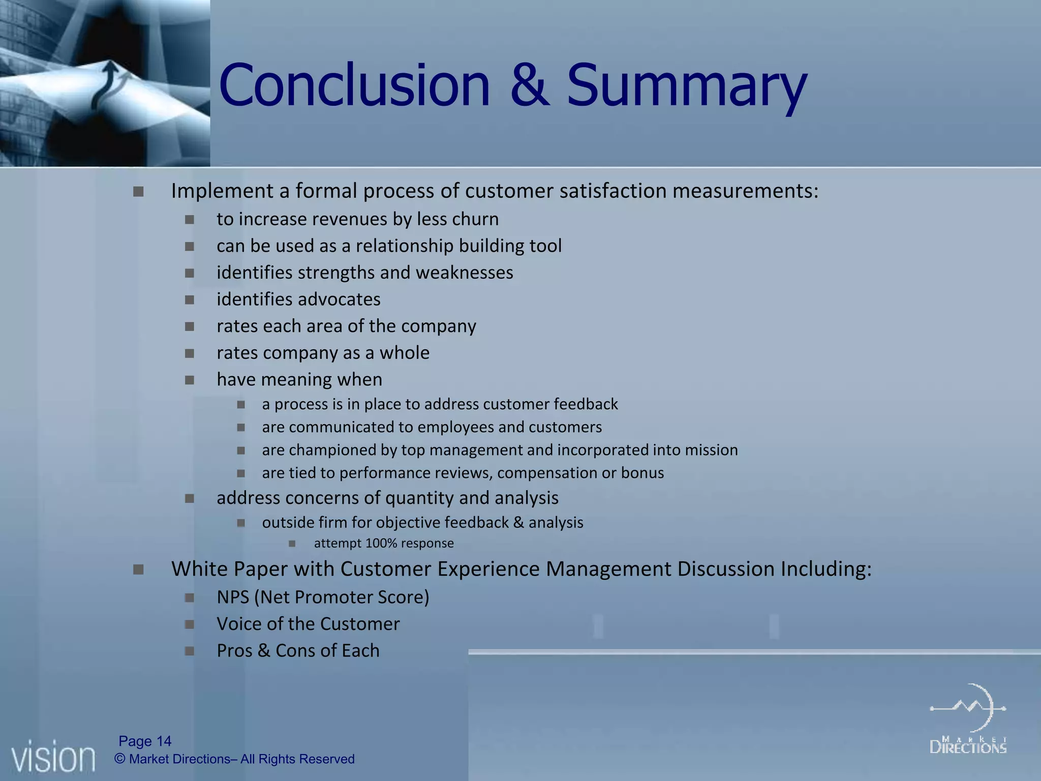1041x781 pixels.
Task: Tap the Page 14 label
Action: point(145,741)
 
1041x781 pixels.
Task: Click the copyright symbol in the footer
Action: point(120,759)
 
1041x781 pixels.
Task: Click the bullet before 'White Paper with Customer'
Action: point(138,569)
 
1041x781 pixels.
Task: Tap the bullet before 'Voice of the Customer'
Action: point(190,624)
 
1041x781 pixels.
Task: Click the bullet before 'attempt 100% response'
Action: point(292,544)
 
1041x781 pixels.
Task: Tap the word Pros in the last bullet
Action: point(234,651)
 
